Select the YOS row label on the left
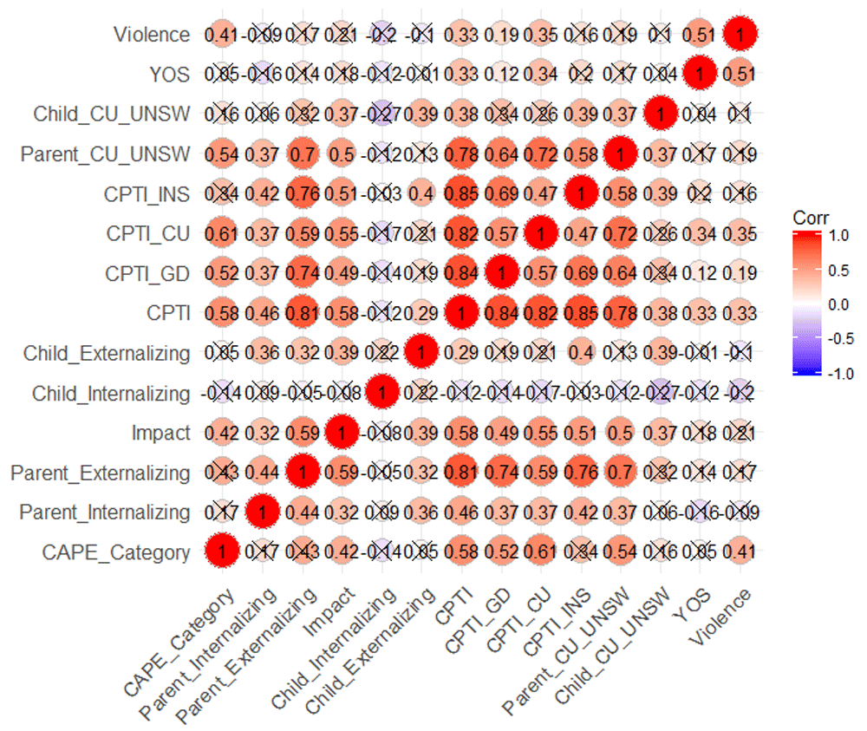[x=170, y=75]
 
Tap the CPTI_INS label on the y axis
[x=147, y=194]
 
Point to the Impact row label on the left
[x=160, y=433]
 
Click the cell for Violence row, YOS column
[x=700, y=35]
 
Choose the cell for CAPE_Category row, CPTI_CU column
[x=540, y=552]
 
